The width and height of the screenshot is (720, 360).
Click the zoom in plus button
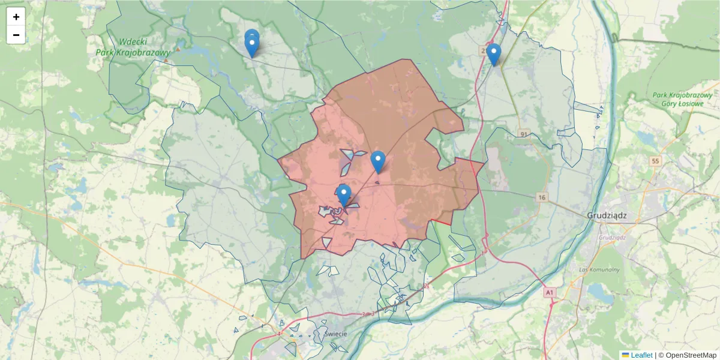click(x=16, y=17)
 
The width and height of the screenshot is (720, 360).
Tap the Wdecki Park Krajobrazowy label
click(x=133, y=47)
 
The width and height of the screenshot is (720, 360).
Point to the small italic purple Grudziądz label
click(x=611, y=237)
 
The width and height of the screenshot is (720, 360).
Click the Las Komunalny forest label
click(x=599, y=269)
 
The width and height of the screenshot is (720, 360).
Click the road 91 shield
click(x=524, y=134)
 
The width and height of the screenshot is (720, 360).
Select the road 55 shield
click(x=655, y=161)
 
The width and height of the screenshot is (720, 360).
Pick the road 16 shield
click(x=542, y=197)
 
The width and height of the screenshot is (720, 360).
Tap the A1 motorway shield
click(x=549, y=292)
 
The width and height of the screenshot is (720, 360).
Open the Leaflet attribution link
click(x=641, y=355)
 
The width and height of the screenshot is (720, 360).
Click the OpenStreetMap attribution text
click(x=687, y=355)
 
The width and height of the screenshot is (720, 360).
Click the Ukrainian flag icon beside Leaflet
click(x=625, y=355)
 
